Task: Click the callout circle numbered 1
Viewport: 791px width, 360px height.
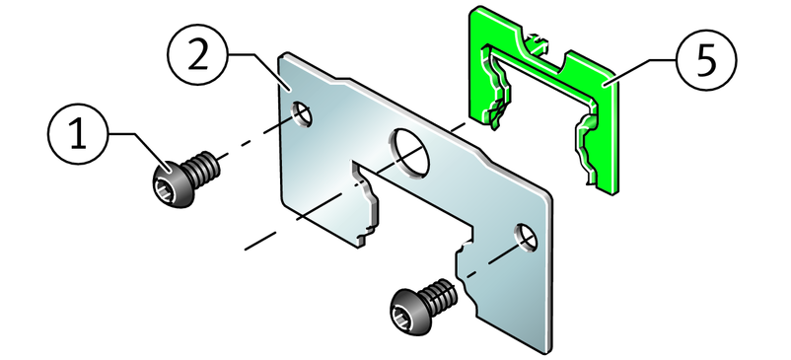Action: (78, 134)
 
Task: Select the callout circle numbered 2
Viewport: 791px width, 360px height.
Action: (198, 54)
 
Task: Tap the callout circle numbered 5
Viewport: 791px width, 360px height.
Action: (706, 60)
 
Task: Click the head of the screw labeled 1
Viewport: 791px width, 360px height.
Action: (172, 185)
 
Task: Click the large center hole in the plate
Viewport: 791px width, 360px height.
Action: (409, 154)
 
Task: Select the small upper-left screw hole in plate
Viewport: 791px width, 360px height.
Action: (302, 113)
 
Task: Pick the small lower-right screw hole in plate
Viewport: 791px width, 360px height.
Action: (526, 238)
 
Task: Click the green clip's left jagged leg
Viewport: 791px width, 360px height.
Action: (494, 88)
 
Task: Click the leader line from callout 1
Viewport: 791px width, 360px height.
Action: (137, 150)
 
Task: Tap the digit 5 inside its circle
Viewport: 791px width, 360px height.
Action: (706, 60)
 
